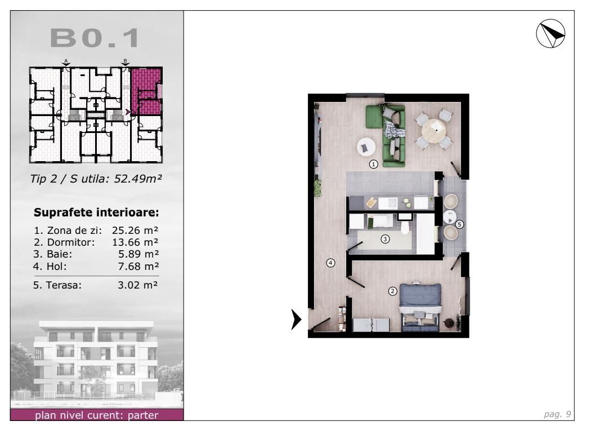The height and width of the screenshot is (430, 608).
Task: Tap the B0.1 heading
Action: pos(95,38)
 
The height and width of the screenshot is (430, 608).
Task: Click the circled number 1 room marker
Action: pos(373,165)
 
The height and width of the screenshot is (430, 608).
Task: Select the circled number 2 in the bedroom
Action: pos(393,291)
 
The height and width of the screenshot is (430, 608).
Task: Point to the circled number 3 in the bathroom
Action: pos(385,239)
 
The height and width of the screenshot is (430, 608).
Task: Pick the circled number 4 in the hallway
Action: pos(331,263)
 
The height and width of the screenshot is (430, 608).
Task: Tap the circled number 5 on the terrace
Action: pos(459,224)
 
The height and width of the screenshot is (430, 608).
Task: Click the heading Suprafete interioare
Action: pos(97,213)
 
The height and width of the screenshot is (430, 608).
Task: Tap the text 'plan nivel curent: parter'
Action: pos(96,416)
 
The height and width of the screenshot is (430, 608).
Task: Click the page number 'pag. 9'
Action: pos(560,414)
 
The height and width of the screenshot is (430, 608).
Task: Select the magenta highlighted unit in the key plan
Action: pos(146,92)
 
